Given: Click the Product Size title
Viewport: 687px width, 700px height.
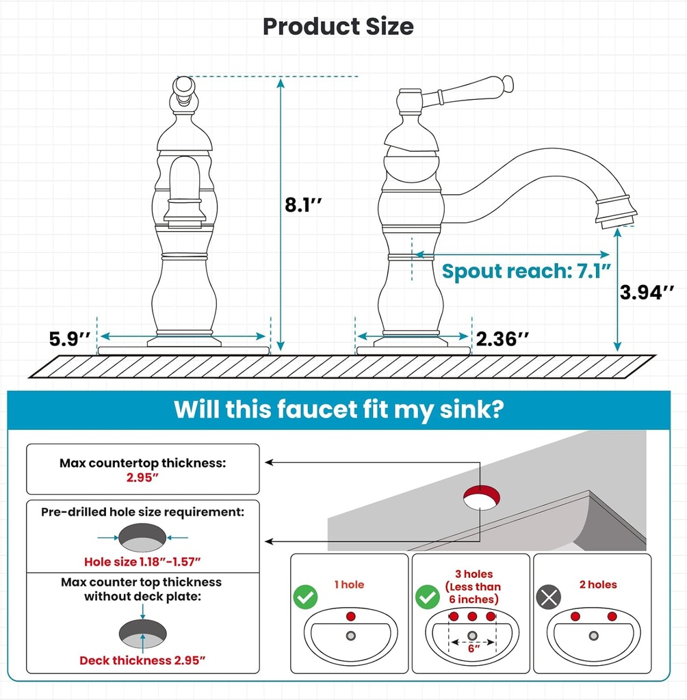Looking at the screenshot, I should [338, 27].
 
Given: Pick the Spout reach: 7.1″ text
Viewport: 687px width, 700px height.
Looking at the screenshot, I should [526, 271].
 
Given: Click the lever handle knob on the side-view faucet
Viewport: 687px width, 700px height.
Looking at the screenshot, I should [508, 84].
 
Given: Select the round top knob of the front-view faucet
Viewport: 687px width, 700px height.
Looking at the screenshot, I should [183, 86].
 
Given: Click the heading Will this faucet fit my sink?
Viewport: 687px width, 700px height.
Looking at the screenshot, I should [339, 409].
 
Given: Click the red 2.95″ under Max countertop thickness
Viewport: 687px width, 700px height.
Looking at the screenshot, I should [142, 477].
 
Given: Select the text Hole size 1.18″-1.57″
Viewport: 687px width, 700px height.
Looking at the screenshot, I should [142, 562].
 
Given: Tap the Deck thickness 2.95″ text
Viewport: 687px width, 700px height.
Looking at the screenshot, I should [142, 660].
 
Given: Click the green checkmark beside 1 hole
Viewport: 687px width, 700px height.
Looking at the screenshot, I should [305, 597].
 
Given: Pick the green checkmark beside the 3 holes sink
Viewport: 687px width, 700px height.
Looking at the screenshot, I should [428, 597].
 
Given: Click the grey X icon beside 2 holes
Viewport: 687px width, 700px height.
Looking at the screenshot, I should [549, 597].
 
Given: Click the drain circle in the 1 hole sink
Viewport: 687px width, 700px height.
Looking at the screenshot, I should [351, 636].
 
